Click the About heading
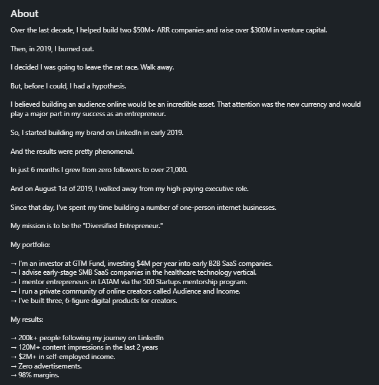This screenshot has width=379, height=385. click(x=24, y=14)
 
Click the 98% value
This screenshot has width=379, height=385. click(x=26, y=376)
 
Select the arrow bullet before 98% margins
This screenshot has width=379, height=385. click(x=14, y=376)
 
